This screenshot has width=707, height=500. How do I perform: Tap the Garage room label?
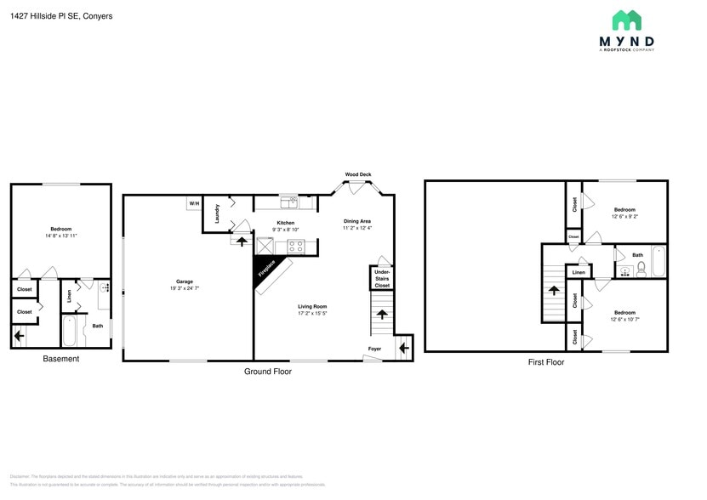coord(185,281)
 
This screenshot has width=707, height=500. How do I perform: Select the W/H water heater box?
coord(194,204)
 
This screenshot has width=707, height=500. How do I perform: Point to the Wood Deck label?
coord(358,174)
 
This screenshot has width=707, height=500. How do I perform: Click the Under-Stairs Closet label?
coord(382,278)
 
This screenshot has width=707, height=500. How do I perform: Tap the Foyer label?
coord(375,349)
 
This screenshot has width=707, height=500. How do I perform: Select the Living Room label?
coord(312,306)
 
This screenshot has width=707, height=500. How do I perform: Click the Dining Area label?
coord(357,221)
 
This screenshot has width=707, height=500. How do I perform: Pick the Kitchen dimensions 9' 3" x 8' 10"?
coord(286,230)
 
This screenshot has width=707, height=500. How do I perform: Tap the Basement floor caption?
coord(61,359)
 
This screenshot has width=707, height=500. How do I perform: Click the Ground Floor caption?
coord(270,372)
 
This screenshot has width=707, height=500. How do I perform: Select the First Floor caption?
coord(545,362)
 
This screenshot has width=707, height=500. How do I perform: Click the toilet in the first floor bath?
coord(641,269)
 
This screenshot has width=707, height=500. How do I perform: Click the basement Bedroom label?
coord(61,229)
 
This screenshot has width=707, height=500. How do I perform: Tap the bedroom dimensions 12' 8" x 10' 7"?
coord(625,319)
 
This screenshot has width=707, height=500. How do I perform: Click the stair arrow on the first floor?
coord(554,290)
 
